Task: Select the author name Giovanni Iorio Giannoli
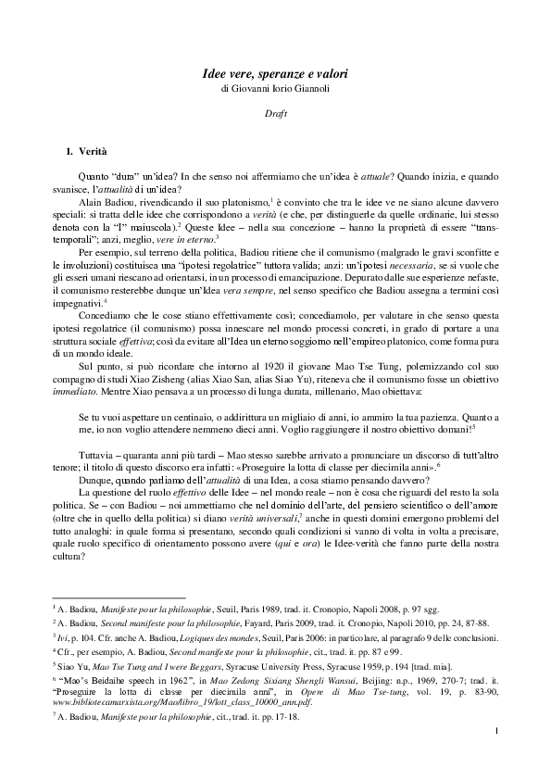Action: [293, 88]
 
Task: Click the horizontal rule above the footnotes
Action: [119, 598]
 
